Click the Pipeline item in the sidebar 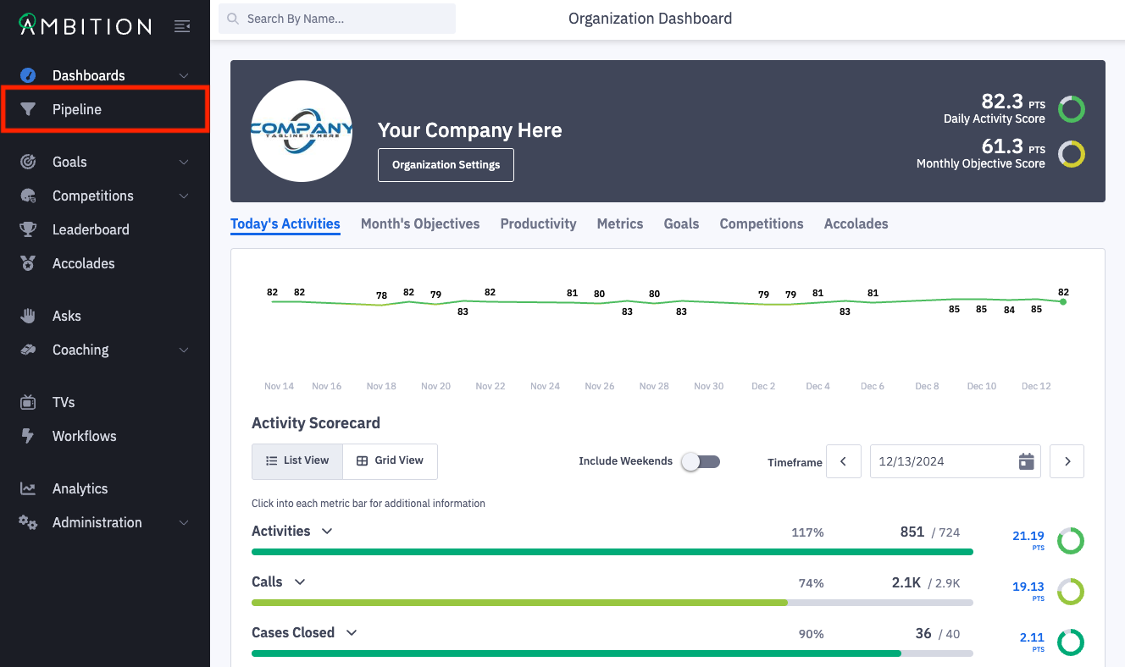tap(77, 109)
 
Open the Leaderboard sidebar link tap(91, 229)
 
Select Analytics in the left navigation tap(80, 488)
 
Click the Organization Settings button tap(446, 165)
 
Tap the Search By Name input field tap(337, 19)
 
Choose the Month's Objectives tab tap(420, 223)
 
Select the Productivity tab tap(538, 223)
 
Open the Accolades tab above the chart tap(856, 223)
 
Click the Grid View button tap(390, 460)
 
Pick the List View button tap(297, 460)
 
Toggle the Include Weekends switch tap(701, 461)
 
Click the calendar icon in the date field tap(1026, 461)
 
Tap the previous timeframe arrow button tap(844, 461)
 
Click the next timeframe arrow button tap(1067, 461)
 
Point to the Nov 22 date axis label tap(490, 386)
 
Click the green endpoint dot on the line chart tap(1063, 301)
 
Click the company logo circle tap(302, 131)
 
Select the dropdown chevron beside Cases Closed tap(352, 632)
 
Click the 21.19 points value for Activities tap(1028, 536)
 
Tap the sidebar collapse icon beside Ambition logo tap(182, 26)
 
